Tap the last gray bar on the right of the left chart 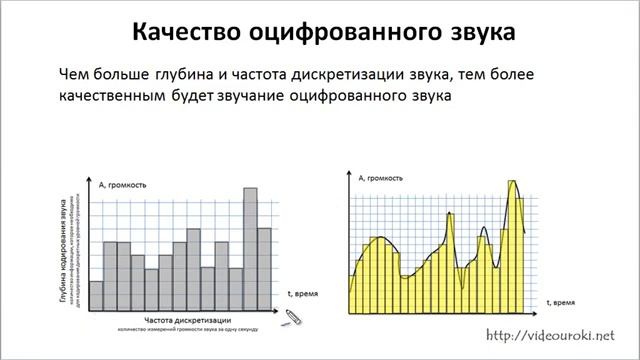[263, 268]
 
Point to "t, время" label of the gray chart [302, 294]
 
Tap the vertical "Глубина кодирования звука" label [63, 250]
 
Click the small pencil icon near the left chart [291, 317]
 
